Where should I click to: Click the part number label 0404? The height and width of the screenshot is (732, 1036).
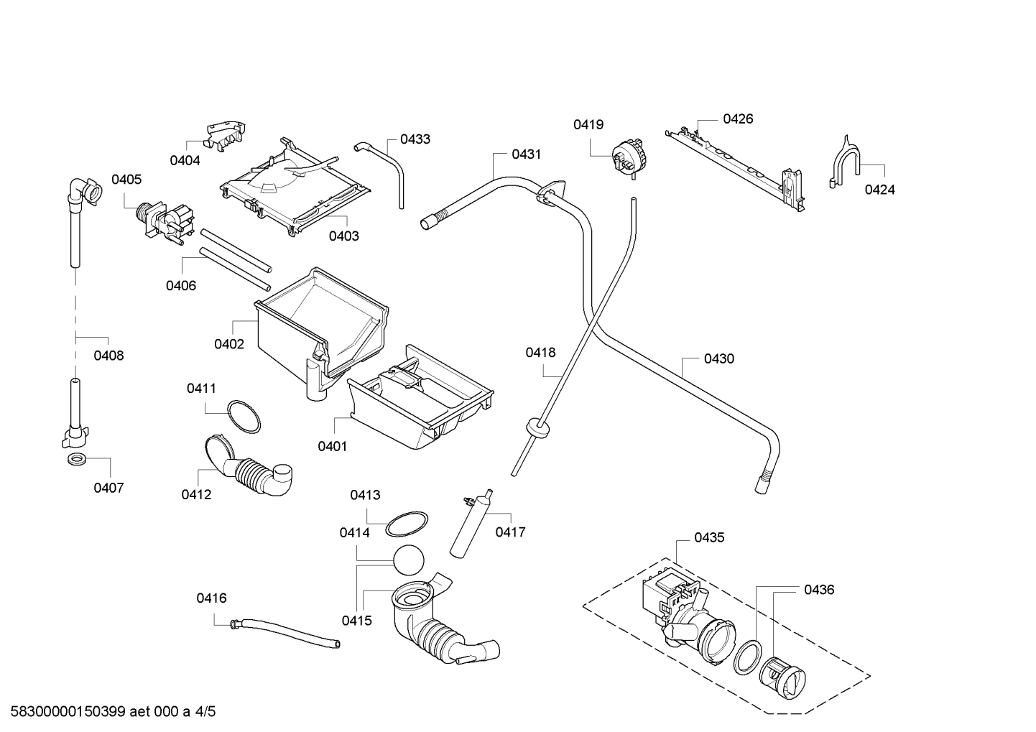click(x=185, y=161)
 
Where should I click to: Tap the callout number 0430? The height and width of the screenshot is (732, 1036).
click(x=718, y=358)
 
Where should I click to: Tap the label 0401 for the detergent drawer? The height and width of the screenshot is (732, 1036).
click(x=332, y=446)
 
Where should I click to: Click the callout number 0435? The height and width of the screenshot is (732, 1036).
click(x=709, y=537)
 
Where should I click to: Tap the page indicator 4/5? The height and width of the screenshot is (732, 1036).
click(x=205, y=712)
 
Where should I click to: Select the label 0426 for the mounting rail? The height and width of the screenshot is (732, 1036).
click(x=738, y=119)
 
